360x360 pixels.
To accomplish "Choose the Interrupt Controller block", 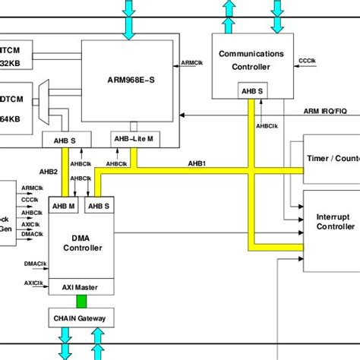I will [x=332, y=222].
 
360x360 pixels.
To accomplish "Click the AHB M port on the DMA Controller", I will [x=63, y=205].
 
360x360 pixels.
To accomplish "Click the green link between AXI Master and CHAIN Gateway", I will [x=81, y=302].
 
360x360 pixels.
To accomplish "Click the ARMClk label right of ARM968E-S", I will [x=192, y=63].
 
